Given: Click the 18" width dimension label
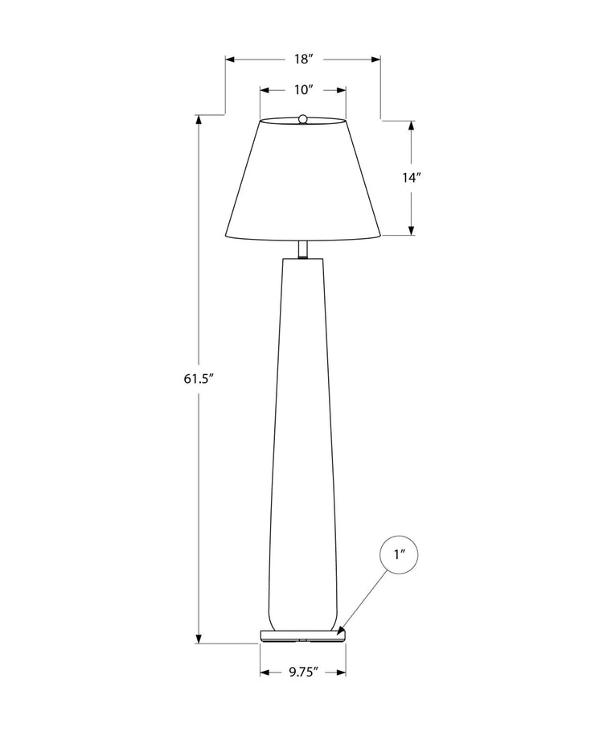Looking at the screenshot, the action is pyautogui.click(x=303, y=60).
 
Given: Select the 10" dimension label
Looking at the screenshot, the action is pyautogui.click(x=303, y=89).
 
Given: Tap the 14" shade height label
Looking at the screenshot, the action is pyautogui.click(x=412, y=178).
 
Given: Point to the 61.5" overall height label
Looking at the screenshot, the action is pyautogui.click(x=198, y=379).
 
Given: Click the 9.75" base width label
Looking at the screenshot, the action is pyautogui.click(x=303, y=672).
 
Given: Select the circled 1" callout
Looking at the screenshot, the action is pyautogui.click(x=398, y=554).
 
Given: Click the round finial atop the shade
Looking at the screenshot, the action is pyautogui.click(x=303, y=119).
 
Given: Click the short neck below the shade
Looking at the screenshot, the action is pyautogui.click(x=303, y=249).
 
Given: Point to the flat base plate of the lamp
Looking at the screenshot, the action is pyautogui.click(x=303, y=635).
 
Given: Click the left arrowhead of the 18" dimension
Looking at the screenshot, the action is pyautogui.click(x=231, y=60).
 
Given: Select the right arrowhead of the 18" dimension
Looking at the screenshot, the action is pyautogui.click(x=375, y=60).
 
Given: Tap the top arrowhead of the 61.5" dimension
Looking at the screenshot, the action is pyautogui.click(x=199, y=120).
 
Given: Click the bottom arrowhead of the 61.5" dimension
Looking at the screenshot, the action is pyautogui.click(x=199, y=638).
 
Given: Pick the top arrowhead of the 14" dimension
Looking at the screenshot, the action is pyautogui.click(x=411, y=126).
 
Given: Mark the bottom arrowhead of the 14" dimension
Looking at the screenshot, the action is pyautogui.click(x=411, y=230).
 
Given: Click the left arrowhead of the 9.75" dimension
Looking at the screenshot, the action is pyautogui.click(x=265, y=672).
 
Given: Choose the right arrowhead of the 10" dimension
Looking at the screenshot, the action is pyautogui.click(x=341, y=89).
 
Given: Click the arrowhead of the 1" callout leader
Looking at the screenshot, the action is pyautogui.click(x=341, y=631).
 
